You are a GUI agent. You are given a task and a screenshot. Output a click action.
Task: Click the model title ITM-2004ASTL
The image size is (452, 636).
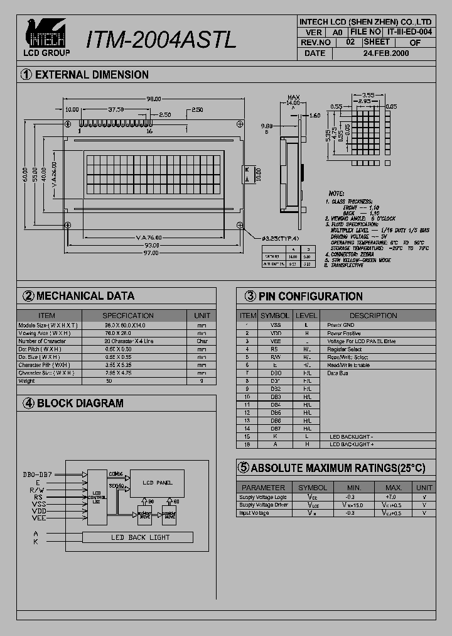pyautogui.click(x=161, y=40)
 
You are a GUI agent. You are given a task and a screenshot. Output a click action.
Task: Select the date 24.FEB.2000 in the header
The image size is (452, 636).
pyautogui.click(x=385, y=53)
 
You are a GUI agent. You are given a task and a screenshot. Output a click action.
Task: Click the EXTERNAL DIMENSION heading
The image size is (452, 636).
pyautogui.click(x=92, y=75)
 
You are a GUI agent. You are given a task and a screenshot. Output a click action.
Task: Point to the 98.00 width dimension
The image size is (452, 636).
pyautogui.click(x=154, y=99)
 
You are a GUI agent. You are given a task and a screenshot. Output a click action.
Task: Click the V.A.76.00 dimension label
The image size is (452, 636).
pyautogui.click(x=149, y=238)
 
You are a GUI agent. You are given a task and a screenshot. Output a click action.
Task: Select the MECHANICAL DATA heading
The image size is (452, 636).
pyautogui.click(x=85, y=296)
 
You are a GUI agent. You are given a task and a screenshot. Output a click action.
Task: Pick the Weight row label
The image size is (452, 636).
pyautogui.click(x=27, y=381)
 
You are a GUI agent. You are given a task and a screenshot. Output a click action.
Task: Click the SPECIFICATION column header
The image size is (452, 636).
pyautogui.click(x=128, y=315)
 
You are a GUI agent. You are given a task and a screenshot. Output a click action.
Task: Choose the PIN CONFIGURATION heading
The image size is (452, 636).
pyautogui.click(x=310, y=296)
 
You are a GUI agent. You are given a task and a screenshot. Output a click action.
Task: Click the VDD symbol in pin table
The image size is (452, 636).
pyautogui.click(x=276, y=333)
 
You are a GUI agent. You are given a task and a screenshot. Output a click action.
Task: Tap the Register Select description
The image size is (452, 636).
pyautogui.click(x=345, y=349)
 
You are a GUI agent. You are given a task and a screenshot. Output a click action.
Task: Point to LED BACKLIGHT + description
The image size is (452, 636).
pyautogui.click(x=352, y=444)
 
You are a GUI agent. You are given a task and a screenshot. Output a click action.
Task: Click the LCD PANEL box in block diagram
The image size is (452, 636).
pyautogui.click(x=157, y=483)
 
